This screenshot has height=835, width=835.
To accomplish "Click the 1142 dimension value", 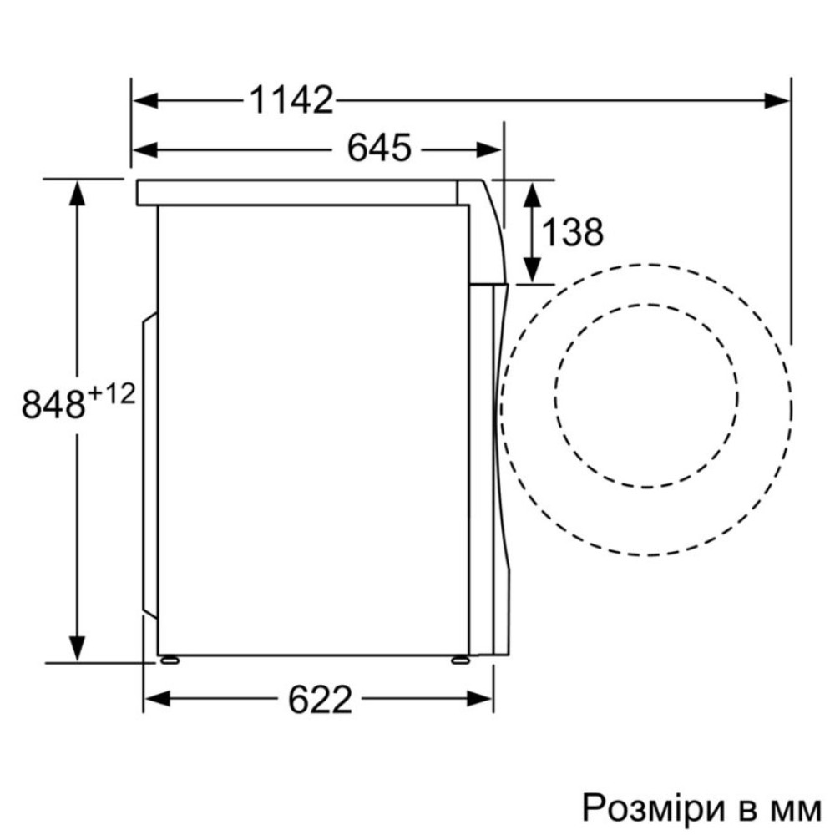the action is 291,100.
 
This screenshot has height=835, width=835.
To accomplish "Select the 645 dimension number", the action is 379,148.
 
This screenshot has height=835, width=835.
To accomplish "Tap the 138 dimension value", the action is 573,232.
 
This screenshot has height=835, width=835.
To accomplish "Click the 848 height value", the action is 53,403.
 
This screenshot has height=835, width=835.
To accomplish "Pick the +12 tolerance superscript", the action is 112,395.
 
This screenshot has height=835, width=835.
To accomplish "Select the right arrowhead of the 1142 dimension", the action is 777,100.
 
